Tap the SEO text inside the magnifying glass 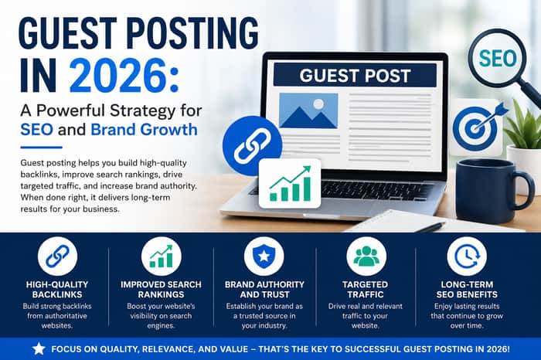pos(497,58)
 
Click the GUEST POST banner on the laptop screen pos(355,75)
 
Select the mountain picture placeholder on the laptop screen pos(308,110)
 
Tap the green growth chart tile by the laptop pos(290,183)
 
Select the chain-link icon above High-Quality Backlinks pos(57,256)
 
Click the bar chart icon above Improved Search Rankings pos(161,256)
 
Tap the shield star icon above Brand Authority pos(264,256)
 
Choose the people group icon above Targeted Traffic pos(366,256)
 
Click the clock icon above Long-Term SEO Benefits pos(467,256)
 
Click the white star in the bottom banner pos(39,349)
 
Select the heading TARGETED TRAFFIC pos(365,289)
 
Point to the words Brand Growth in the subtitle pos(144,130)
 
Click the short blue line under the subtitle pos(41,148)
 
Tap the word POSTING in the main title pos(194,33)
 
